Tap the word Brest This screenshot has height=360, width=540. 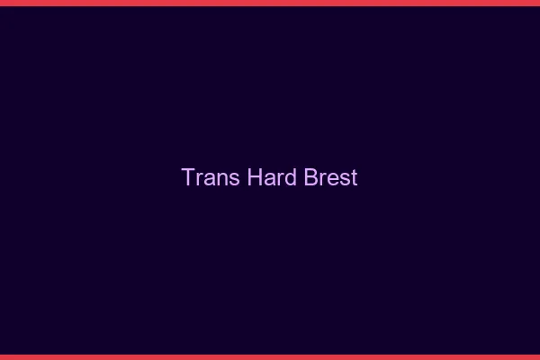331,177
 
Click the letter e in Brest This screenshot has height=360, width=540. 333,179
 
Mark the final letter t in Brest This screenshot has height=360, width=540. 354,178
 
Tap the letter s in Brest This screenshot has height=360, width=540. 345,179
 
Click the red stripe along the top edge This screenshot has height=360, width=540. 270,3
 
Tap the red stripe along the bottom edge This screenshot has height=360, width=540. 270,356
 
